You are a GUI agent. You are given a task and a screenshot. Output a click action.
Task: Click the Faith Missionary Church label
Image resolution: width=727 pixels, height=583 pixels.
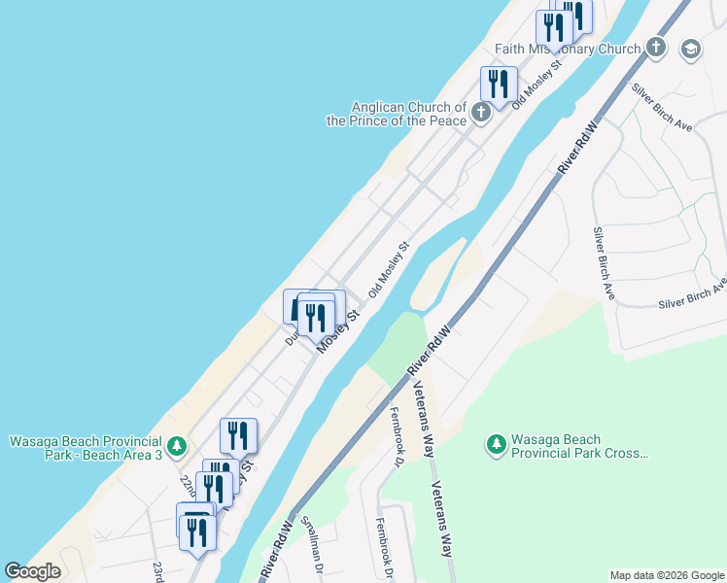[568, 49]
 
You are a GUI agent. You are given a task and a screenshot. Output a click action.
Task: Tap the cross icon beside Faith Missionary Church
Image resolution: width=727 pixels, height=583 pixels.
[656, 48]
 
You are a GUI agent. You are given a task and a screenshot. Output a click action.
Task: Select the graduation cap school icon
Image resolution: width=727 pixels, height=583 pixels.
[691, 49]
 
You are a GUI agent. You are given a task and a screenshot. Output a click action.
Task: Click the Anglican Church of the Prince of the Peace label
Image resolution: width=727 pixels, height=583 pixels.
[397, 114]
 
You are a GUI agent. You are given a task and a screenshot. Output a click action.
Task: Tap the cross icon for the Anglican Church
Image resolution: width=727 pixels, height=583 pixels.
[480, 114]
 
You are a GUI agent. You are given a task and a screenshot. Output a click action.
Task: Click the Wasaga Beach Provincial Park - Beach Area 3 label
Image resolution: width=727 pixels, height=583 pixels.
[86, 448]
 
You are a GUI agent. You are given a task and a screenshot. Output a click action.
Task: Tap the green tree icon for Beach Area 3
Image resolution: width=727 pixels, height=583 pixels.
[176, 447]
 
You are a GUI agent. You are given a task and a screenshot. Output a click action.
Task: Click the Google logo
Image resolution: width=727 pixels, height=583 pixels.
[32, 571]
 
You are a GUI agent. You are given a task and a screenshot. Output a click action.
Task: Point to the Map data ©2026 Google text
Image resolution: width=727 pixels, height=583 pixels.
[666, 575]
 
